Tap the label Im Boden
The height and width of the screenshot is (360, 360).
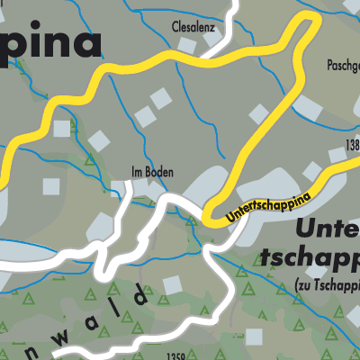[x=150, y=172]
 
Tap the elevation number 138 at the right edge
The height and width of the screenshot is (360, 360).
[x=351, y=145]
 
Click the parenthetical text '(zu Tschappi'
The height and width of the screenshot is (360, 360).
[x=326, y=285]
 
